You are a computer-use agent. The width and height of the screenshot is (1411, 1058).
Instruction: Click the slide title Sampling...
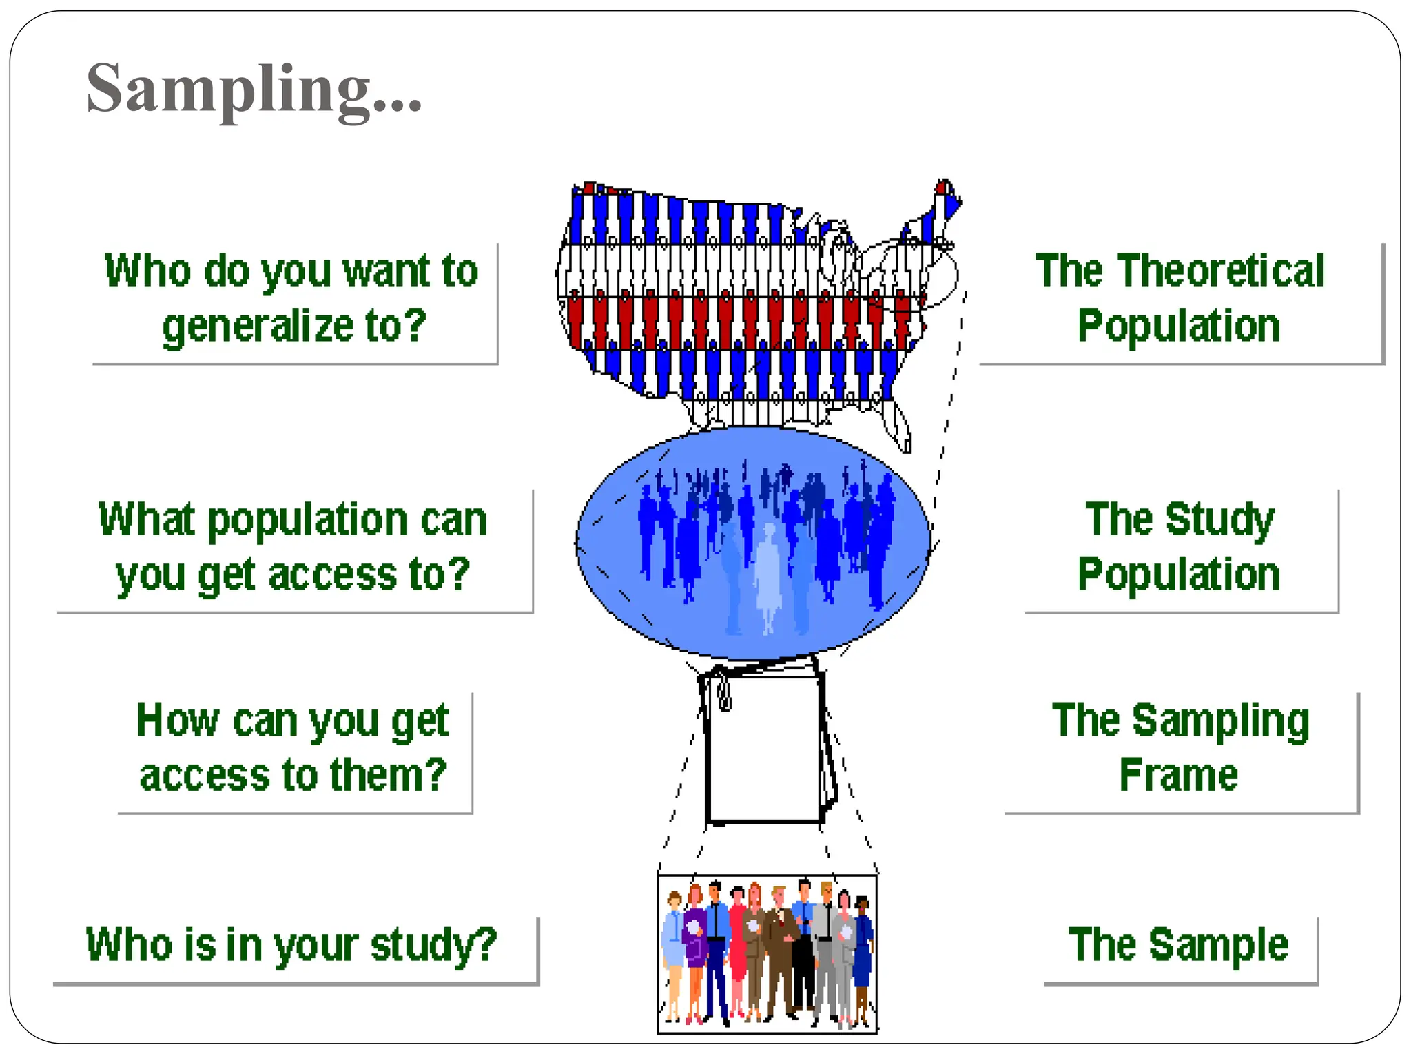coord(253,90)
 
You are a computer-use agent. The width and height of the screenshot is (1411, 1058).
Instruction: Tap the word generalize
coord(256,326)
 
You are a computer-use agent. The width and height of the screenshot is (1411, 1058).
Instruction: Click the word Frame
coord(1178,776)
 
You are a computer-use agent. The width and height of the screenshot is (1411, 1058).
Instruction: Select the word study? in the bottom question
coord(433,945)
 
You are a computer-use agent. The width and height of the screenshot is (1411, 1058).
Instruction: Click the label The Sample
coord(1178,945)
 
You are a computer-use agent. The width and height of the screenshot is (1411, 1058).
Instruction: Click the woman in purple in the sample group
coord(694,944)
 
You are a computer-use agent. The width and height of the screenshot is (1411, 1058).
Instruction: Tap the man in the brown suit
coord(781,951)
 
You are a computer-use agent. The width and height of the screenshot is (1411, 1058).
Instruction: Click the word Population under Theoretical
coord(1178,326)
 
